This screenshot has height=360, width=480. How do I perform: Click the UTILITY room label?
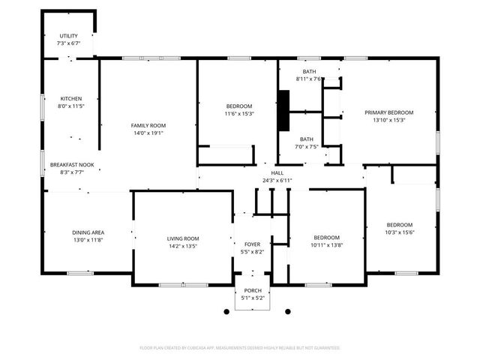(68, 36)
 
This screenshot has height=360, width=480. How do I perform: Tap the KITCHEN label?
(71, 98)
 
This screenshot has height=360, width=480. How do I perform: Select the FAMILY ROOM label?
(148, 125)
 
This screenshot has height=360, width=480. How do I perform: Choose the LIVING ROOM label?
(182, 238)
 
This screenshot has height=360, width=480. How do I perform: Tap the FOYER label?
(252, 244)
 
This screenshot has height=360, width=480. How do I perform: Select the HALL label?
(277, 173)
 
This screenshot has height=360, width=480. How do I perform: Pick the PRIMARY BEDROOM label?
(388, 112)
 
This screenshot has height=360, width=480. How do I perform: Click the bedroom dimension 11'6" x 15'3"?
(238, 114)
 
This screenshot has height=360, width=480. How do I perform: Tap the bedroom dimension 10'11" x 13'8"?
(327, 244)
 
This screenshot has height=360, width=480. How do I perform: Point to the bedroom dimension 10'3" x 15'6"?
(399, 232)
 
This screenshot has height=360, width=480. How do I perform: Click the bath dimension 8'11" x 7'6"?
(308, 79)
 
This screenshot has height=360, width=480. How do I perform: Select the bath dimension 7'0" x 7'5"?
(307, 146)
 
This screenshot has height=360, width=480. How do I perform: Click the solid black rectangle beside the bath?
(284, 111)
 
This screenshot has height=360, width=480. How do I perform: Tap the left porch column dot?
(226, 310)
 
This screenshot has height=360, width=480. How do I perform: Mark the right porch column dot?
(286, 310)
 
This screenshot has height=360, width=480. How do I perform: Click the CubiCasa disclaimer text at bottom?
(240, 348)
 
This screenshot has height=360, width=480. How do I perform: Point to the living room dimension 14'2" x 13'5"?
(182, 245)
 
